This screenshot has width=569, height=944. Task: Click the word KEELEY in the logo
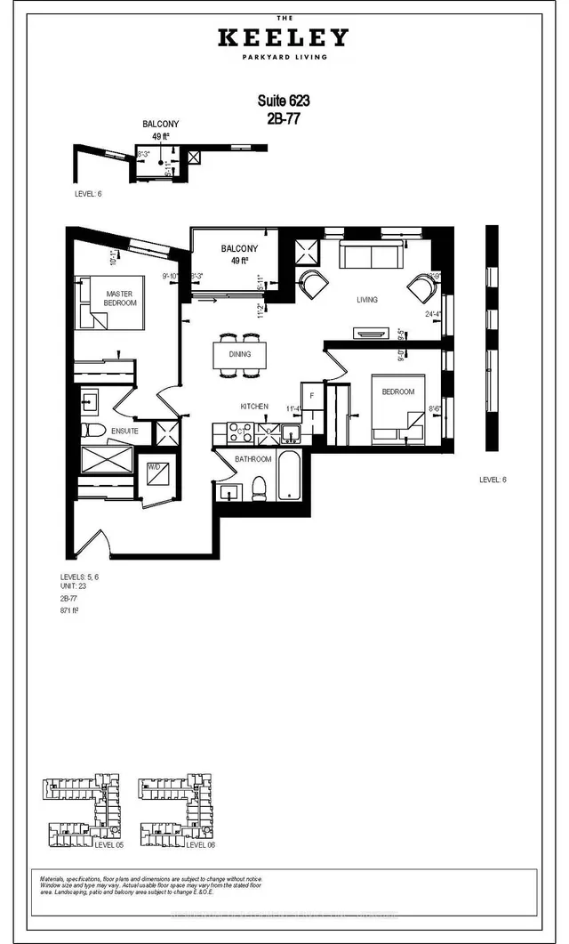(x=284, y=38)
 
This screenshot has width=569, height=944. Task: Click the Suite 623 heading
(x=284, y=101)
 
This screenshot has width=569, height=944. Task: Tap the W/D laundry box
(x=153, y=470)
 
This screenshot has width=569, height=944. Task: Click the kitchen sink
(x=291, y=433)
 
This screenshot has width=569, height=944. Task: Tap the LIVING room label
(x=366, y=300)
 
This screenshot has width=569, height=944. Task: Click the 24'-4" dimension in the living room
(x=434, y=313)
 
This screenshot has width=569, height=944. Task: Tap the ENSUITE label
(x=124, y=431)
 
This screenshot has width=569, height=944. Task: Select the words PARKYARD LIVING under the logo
(x=284, y=58)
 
